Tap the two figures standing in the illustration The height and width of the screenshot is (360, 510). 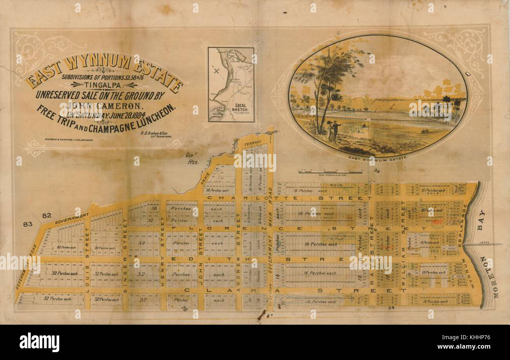(333, 131)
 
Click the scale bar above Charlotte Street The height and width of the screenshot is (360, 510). (330, 172)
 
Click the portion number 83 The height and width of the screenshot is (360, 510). (27, 224)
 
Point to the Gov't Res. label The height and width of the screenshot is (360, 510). (193, 158)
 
